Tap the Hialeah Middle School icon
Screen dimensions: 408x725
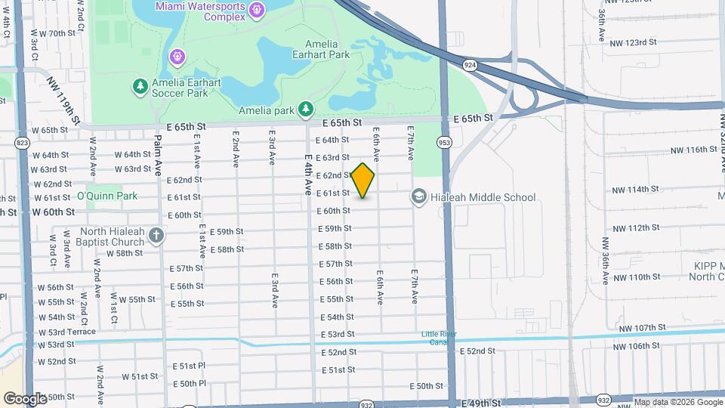[418, 197]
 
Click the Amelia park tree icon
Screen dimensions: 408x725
[305, 110]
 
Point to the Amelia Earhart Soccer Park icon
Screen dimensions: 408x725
[140, 87]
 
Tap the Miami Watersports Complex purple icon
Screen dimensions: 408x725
[257, 9]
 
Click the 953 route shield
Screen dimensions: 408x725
[444, 141]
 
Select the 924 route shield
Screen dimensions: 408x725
[470, 66]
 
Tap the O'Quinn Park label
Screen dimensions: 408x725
[107, 196]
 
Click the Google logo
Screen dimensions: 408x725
[24, 398]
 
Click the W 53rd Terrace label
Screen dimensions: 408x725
[66, 331]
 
